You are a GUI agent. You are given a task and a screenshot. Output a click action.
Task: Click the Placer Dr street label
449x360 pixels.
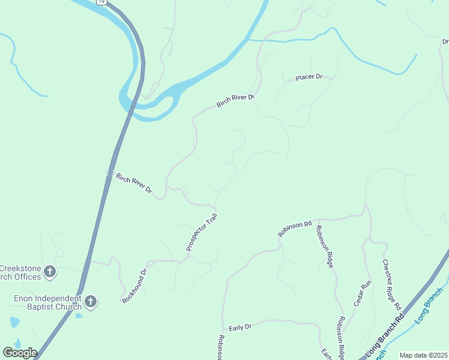click(x=309, y=77)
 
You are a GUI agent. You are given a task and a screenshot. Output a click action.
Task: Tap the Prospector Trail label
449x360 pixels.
click(x=200, y=232)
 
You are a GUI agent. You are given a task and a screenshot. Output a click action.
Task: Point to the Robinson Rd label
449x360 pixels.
click(x=295, y=228)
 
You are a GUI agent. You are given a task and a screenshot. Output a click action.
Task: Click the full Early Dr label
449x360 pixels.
click(x=240, y=327)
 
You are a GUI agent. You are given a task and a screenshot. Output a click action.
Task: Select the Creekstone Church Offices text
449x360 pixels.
click(x=20, y=272)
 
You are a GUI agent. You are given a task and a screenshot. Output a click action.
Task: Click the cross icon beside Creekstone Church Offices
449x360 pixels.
click(x=50, y=272)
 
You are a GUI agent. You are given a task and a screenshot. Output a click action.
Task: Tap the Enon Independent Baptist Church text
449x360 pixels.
click(x=40, y=302)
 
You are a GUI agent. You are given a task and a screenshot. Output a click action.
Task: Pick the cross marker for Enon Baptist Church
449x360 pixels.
click(x=91, y=302)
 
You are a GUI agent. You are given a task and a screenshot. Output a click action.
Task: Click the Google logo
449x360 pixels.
click(x=20, y=353)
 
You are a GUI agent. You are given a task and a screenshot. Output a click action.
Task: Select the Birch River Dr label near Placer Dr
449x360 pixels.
click(x=236, y=100)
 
